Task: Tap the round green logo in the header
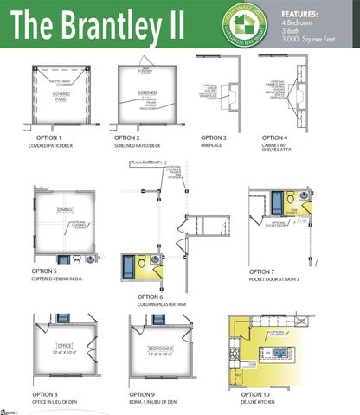(x=249, y=26)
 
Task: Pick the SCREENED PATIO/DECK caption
(x=137, y=145)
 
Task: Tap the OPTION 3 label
(x=214, y=137)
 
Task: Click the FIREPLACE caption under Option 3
(x=213, y=145)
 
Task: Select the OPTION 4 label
(x=277, y=137)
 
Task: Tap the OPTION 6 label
(x=152, y=297)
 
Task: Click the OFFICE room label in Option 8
(x=65, y=348)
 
